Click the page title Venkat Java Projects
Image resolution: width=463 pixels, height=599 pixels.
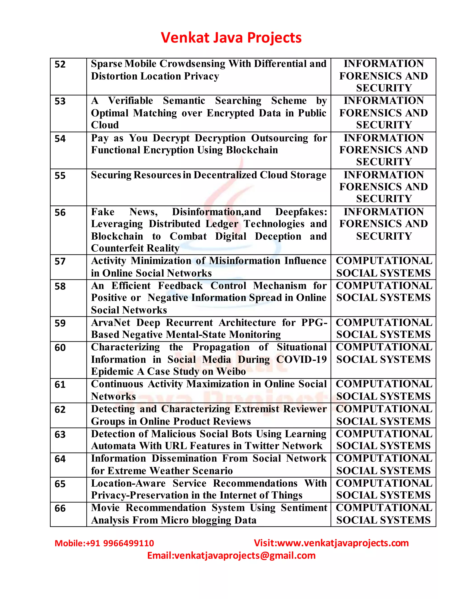(x=231, y=38)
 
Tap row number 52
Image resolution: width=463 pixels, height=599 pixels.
(x=60, y=64)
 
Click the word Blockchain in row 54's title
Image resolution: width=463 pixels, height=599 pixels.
(x=252, y=150)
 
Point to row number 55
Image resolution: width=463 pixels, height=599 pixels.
(x=60, y=176)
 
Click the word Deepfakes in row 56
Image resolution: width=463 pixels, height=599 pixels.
(x=301, y=212)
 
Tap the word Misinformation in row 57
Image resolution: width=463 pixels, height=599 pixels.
(x=244, y=261)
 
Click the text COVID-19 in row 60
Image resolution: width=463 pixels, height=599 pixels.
(x=301, y=359)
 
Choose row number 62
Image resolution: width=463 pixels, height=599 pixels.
(x=60, y=410)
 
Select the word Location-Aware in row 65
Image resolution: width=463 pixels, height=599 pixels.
(x=128, y=483)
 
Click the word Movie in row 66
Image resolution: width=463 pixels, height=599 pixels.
(x=105, y=508)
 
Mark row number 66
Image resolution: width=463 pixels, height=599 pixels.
(x=60, y=508)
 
